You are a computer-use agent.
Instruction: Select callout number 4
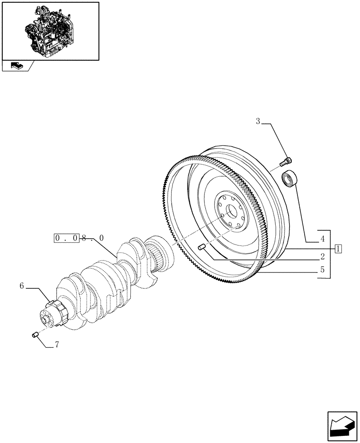[x=322, y=239]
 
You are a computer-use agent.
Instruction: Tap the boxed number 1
[x=338, y=248]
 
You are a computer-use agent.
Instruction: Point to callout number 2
[x=322, y=256]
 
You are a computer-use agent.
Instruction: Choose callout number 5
[x=322, y=269]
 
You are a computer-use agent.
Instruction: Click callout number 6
[x=22, y=286]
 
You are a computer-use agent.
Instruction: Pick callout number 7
[x=56, y=345]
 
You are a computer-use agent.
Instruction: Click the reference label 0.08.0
[x=79, y=238]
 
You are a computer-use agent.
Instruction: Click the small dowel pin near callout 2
[x=202, y=247]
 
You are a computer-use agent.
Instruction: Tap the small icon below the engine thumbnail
[x=16, y=66]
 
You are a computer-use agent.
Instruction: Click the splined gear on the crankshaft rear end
[x=160, y=257]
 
